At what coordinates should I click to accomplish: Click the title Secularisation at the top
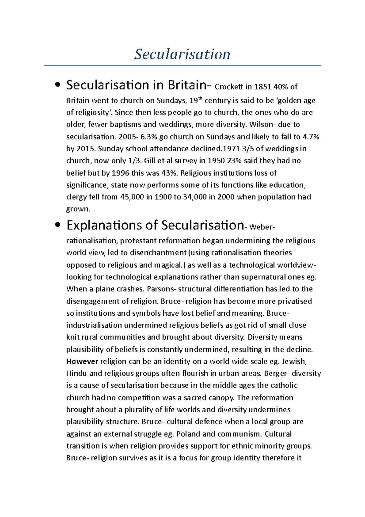click(182, 54)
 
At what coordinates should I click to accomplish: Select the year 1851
click(262, 87)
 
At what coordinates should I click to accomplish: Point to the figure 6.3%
click(149, 137)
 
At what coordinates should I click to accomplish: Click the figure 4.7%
click(311, 137)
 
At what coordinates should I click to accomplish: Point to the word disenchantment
click(158, 253)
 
